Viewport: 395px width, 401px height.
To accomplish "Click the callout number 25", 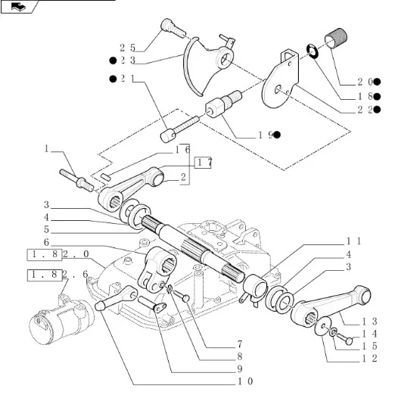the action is click(x=127, y=48).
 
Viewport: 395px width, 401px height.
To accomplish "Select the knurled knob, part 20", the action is click(x=336, y=39).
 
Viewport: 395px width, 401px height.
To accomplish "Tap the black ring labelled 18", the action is click(x=313, y=51).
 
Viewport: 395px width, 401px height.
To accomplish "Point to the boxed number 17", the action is click(x=203, y=163).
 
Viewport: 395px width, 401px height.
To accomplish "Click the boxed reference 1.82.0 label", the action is click(x=58, y=254).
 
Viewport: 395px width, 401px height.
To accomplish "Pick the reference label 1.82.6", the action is click(x=58, y=275).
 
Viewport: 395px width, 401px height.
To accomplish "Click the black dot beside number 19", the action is click(x=277, y=135).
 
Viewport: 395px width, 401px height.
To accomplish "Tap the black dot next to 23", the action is click(x=113, y=61).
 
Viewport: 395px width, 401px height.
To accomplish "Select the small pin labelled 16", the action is click(x=105, y=177).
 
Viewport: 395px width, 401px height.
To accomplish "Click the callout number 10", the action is click(x=245, y=381).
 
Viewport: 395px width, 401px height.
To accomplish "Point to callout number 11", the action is click(x=353, y=241).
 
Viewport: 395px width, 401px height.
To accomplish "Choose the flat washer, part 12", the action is click(x=322, y=326).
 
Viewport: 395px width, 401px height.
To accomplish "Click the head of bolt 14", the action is click(x=349, y=340).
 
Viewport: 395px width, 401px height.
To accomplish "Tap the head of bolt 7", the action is click(x=186, y=298).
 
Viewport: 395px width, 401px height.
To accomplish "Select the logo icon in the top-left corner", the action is click(x=18, y=7).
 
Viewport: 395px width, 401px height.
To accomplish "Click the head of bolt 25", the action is click(x=166, y=24).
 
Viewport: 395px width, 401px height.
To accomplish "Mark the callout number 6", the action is click(x=46, y=242).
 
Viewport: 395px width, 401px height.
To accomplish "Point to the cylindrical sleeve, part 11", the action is click(x=255, y=285).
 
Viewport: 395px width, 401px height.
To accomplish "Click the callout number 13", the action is click(x=369, y=322).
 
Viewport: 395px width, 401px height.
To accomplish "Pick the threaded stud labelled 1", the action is click(x=76, y=180).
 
